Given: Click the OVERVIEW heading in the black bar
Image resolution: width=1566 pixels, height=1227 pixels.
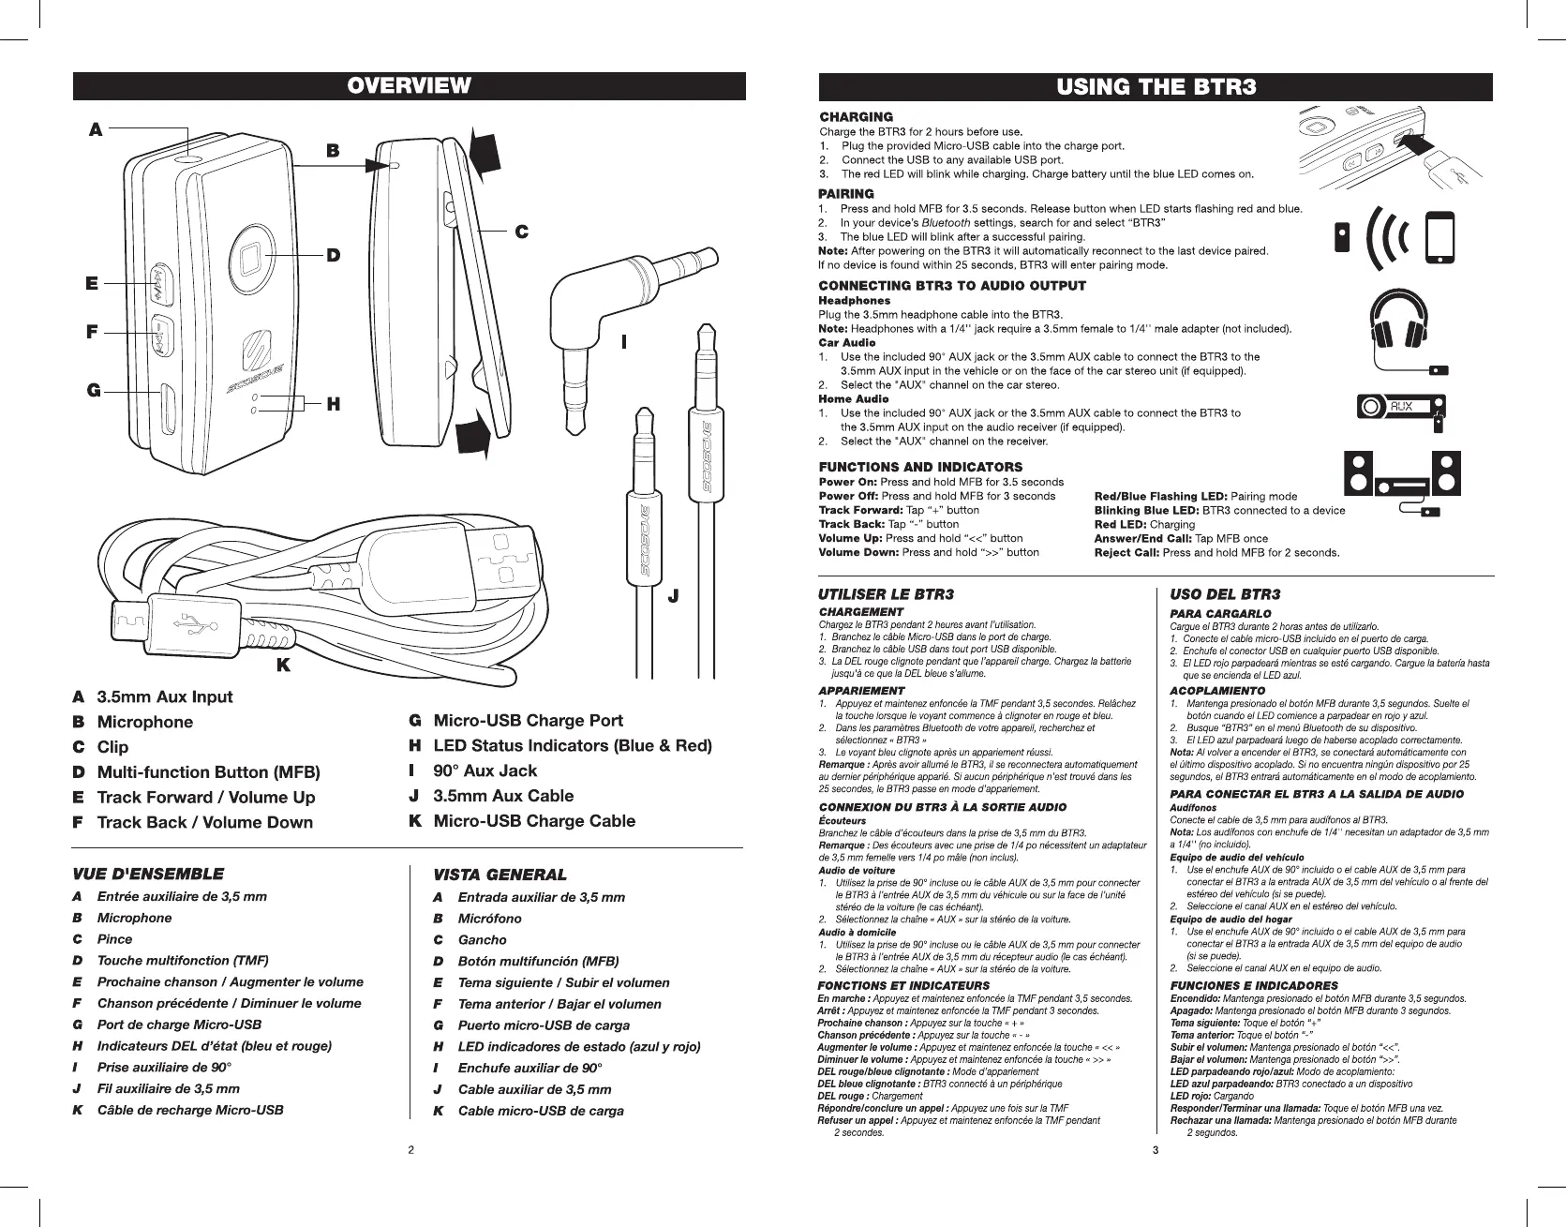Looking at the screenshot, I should coord(409,86).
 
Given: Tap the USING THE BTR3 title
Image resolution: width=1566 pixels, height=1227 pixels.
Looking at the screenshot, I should coord(1156,87).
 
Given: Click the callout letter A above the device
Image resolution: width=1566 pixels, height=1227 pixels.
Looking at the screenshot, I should coord(95,131).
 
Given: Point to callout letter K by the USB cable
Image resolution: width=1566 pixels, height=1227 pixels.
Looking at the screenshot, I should coord(282,665).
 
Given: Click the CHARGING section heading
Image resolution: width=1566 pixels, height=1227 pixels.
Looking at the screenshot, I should coord(856,117).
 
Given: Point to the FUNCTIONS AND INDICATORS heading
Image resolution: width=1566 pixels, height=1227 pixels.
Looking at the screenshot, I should coord(920,467).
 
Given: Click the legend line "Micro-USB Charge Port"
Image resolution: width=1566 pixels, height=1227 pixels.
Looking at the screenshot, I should coord(528,721).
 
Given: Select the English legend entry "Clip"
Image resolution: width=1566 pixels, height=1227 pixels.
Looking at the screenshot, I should coord(112,747).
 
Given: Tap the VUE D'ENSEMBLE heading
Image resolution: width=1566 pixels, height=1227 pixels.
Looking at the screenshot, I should coord(147,874).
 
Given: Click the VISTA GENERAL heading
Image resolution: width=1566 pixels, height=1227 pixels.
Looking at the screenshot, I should coord(500,875).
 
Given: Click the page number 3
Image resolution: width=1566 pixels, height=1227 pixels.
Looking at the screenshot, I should coord(1156,1149).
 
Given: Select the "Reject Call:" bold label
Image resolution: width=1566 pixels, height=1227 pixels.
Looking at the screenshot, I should coord(1127,552).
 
